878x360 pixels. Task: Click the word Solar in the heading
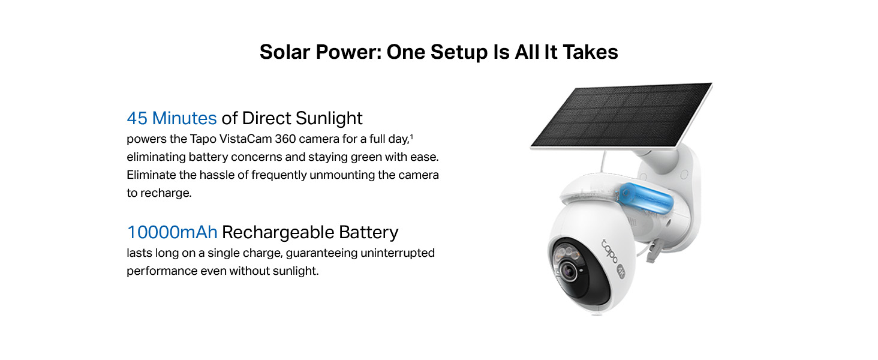[284, 52]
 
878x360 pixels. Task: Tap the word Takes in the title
[590, 52]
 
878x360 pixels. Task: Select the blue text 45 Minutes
[172, 118]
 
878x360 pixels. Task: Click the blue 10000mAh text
[172, 232]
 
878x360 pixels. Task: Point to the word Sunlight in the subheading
[329, 118]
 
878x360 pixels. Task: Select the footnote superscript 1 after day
[411, 136]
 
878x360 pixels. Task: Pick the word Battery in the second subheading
[368, 233]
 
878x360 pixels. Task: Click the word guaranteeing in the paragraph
[321, 253]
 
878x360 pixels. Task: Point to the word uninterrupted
[398, 253]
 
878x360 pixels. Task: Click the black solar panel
[621, 115]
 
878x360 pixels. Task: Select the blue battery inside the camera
[646, 198]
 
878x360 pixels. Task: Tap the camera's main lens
[569, 270]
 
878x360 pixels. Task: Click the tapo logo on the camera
[609, 251]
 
